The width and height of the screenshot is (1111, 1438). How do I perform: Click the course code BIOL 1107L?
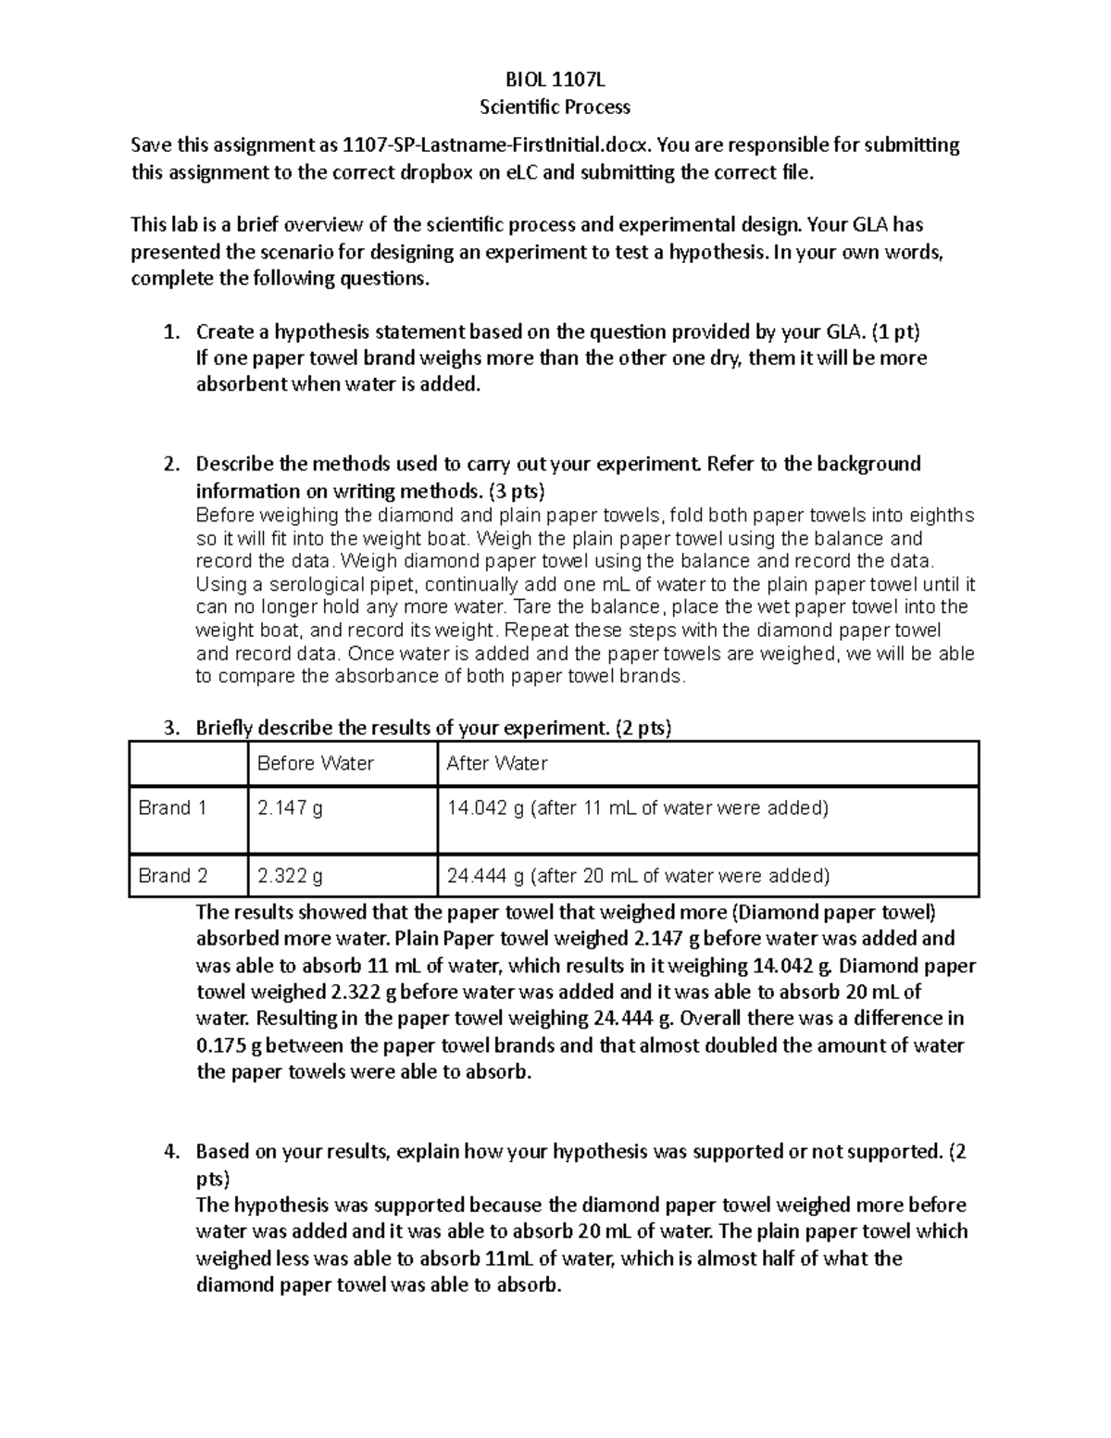(555, 80)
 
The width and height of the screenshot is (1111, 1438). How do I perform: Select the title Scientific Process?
(555, 106)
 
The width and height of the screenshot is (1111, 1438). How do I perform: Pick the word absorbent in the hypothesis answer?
(242, 384)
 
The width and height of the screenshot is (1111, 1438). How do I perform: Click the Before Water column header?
(315, 764)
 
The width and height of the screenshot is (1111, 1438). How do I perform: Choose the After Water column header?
(496, 764)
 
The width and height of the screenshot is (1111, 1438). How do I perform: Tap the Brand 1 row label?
(172, 808)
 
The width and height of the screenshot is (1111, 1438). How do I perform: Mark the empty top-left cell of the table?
(189, 764)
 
